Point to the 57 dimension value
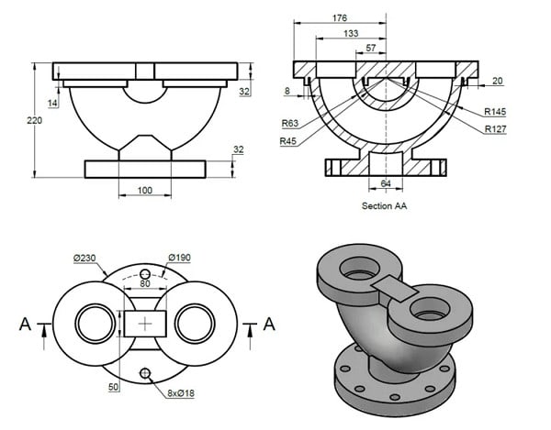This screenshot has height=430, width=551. (x=370, y=47)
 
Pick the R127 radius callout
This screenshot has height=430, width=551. (x=498, y=128)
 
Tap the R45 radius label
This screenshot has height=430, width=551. (x=290, y=140)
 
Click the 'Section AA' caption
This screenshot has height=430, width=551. (x=385, y=206)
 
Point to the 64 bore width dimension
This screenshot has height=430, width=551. (x=386, y=184)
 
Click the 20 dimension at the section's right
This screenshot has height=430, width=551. (x=497, y=81)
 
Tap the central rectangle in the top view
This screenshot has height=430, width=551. (x=145, y=323)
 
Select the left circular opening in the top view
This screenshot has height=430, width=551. (x=94, y=323)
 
